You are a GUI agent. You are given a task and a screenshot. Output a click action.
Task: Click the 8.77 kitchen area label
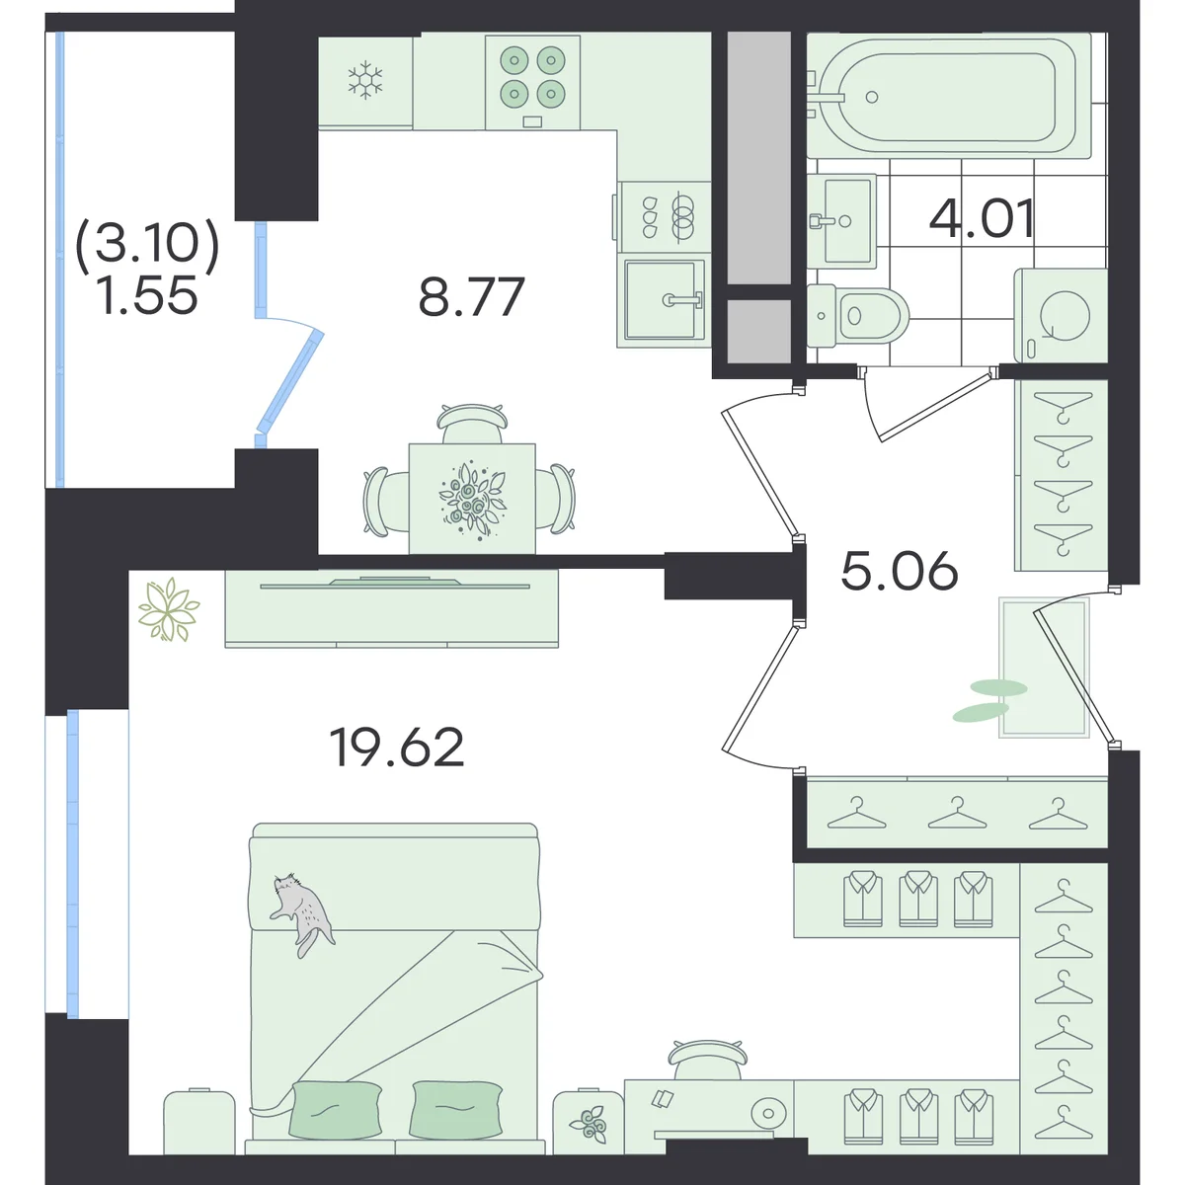(471, 297)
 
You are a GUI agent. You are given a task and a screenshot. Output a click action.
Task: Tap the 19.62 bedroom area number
(397, 748)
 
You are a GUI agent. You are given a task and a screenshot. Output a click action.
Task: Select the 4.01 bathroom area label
(982, 219)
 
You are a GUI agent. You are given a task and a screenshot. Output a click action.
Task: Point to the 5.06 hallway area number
(899, 570)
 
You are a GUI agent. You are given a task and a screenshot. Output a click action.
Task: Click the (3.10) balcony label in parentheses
(147, 242)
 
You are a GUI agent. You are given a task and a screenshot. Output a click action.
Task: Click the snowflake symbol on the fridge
(365, 80)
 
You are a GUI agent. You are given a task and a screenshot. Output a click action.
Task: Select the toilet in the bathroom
(858, 315)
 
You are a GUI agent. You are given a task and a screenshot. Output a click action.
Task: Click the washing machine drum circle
(1065, 316)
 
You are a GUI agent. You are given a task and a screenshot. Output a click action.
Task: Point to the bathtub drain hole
(871, 97)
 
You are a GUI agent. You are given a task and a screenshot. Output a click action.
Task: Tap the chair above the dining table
(472, 423)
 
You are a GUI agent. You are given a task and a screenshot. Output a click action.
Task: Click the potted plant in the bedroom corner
(168, 610)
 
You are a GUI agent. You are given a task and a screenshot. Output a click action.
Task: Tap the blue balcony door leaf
(289, 381)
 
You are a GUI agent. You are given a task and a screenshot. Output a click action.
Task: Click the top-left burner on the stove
(514, 60)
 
